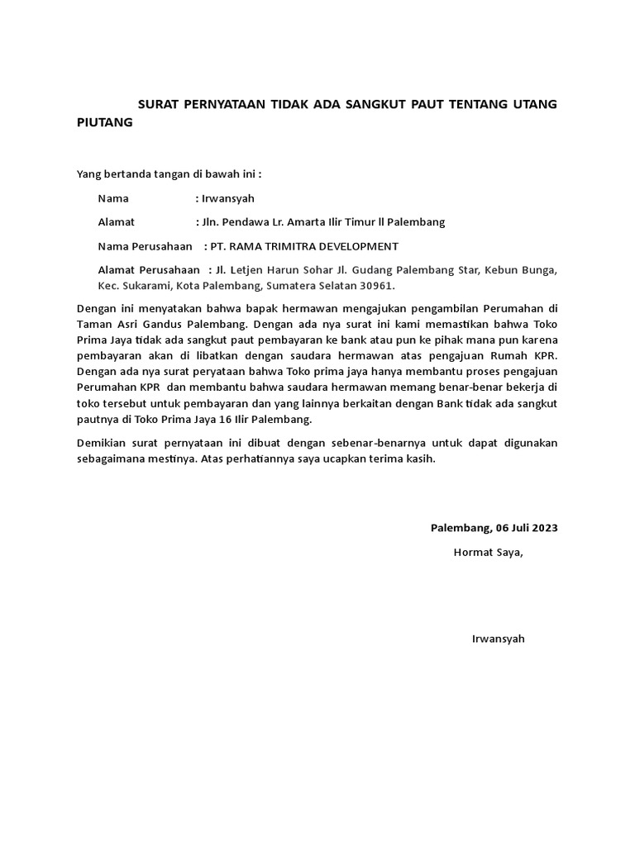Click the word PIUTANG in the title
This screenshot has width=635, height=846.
[x=104, y=122]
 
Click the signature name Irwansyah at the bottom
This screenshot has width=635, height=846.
[x=498, y=639]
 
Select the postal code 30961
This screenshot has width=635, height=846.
[x=378, y=286]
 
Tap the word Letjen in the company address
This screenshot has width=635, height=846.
[x=247, y=270]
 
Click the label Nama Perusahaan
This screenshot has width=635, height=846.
[x=146, y=246]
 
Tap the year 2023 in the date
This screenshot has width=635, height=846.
[x=544, y=528]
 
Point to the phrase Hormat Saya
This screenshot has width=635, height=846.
[x=488, y=552]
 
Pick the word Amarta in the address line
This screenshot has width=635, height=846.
[x=317, y=222]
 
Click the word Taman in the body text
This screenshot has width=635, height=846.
[x=93, y=325]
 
